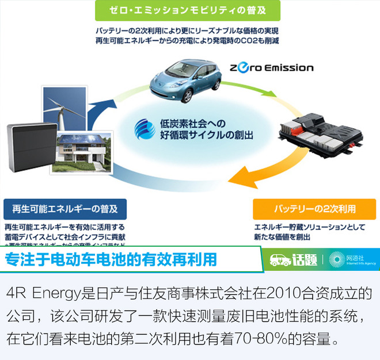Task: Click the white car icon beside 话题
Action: (x=280, y=260)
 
